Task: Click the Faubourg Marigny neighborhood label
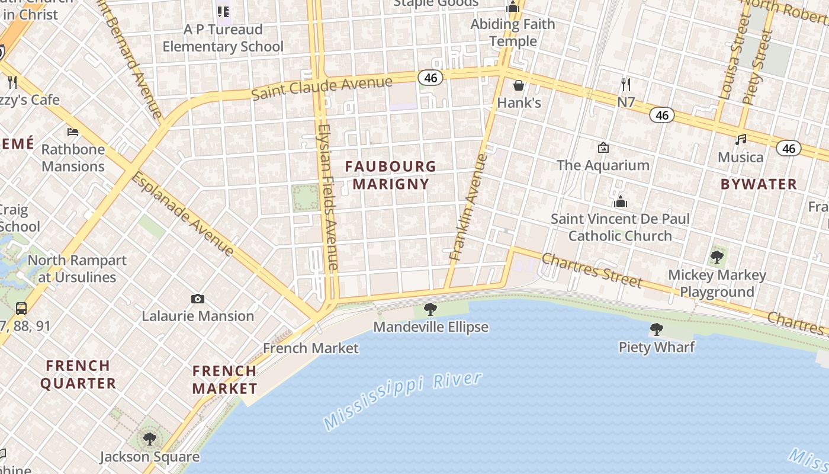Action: [391, 175]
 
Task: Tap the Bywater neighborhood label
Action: [759, 184]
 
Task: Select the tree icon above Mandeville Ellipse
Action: [430, 309]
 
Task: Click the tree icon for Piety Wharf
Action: [656, 329]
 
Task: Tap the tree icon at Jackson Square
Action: [150, 439]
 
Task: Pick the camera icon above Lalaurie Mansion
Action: [198, 299]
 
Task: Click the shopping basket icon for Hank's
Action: [519, 85]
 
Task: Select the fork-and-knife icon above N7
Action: [626, 84]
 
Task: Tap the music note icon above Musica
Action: [740, 140]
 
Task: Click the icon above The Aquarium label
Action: [603, 148]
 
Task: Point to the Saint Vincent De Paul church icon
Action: [620, 202]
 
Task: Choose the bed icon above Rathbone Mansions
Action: [73, 132]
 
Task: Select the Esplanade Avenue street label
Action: [182, 214]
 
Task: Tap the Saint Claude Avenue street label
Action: [322, 88]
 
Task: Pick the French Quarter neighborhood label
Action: [78, 374]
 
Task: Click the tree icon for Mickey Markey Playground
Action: [716, 257]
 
